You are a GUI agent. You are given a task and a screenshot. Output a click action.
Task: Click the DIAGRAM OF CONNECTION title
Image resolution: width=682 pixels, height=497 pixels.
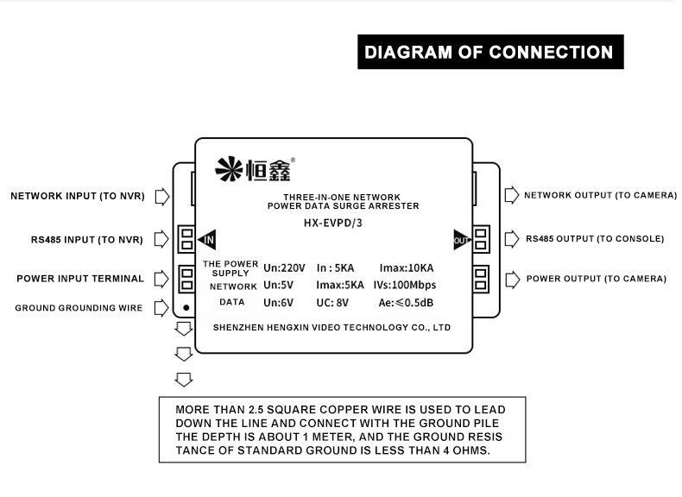point(489,52)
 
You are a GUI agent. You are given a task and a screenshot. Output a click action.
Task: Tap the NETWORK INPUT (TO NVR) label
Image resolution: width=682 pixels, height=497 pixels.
point(77,196)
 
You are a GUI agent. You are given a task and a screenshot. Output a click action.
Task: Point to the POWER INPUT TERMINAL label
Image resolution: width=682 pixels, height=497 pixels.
point(80,279)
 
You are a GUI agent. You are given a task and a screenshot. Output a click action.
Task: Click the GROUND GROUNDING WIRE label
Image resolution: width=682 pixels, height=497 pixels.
point(79,308)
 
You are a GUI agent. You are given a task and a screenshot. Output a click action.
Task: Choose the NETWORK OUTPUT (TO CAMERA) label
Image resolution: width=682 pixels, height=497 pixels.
point(600,195)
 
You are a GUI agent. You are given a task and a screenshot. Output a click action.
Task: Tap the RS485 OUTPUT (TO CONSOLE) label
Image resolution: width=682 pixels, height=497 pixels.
point(595,238)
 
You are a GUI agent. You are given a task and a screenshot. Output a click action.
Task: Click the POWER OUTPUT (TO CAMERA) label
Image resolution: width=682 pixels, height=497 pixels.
point(596,279)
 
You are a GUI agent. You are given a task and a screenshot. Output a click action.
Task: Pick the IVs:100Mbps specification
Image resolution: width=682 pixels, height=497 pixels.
point(406,285)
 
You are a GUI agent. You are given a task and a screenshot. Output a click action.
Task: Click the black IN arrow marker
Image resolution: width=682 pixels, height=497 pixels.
point(206,239)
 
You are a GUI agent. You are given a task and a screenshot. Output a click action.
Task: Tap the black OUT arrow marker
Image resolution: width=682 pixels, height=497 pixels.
point(461,239)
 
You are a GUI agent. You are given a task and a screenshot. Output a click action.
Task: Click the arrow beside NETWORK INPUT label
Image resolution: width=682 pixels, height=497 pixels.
point(161,196)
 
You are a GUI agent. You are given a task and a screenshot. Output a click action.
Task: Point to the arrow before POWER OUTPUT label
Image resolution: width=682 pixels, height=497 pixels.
point(511,279)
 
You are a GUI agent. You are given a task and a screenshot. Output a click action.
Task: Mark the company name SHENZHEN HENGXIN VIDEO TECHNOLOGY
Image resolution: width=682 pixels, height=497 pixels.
point(332,328)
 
